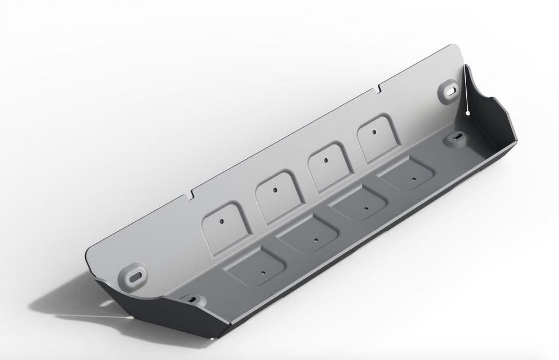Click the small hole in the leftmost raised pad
click(x=222, y=221)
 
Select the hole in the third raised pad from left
click(x=325, y=160)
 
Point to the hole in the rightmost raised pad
click(x=374, y=131)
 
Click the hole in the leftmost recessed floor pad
click(x=263, y=272)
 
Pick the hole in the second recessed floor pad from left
click(x=316, y=239)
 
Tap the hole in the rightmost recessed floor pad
click(x=414, y=179)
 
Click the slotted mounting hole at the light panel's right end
click(x=449, y=91)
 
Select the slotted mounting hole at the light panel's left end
click(x=134, y=274)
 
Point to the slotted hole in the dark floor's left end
click(x=192, y=299)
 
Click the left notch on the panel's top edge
click(x=192, y=194)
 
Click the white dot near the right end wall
click(x=468, y=113)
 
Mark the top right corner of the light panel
click(x=453, y=46)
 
